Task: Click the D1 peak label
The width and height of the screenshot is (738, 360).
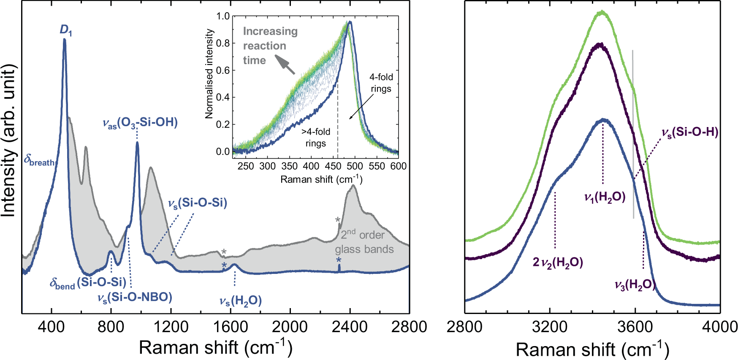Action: click(x=65, y=30)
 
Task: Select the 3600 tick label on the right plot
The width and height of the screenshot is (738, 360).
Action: click(x=635, y=327)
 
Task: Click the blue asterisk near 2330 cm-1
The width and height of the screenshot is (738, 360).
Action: click(x=339, y=260)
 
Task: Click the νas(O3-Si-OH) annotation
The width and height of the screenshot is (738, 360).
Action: click(x=140, y=123)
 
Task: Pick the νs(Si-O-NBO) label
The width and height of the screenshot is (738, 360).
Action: click(x=135, y=298)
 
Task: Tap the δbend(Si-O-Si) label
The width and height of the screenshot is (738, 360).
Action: click(x=88, y=283)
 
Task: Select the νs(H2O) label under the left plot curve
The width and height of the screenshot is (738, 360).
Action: click(x=240, y=301)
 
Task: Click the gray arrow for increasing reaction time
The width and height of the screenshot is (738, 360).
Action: click(x=285, y=65)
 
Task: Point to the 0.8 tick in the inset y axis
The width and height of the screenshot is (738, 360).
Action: click(x=223, y=43)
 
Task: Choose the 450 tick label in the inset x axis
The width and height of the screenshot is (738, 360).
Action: click(x=333, y=166)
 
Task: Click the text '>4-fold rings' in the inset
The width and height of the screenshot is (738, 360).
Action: click(x=316, y=138)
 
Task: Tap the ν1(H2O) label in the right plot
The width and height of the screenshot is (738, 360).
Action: click(x=605, y=197)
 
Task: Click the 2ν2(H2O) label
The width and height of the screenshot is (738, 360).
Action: click(x=558, y=263)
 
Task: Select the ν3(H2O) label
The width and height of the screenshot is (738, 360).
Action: click(x=635, y=285)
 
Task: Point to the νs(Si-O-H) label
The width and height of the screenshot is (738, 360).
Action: click(x=689, y=133)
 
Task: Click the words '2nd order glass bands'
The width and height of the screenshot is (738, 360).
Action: click(x=364, y=242)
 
